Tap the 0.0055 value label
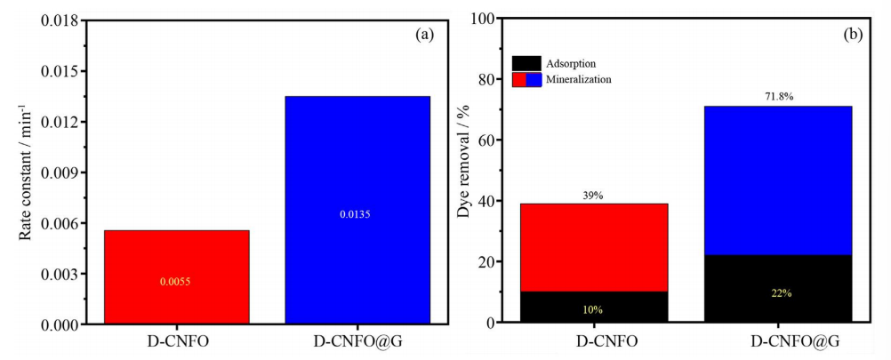pyautogui.click(x=176, y=282)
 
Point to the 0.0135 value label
pyautogui.click(x=357, y=214)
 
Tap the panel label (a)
pyautogui.click(x=424, y=35)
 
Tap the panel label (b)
pyautogui.click(x=853, y=35)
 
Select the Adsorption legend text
pyautogui.click(x=573, y=64)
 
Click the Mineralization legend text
pyautogui.click(x=580, y=79)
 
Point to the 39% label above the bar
pyautogui.click(x=593, y=196)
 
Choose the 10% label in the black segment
pyautogui.click(x=593, y=309)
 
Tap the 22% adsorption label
pyautogui.click(x=778, y=292)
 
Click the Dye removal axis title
pyautogui.click(x=463, y=171)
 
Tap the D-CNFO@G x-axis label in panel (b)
pyautogui.click(x=778, y=341)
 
